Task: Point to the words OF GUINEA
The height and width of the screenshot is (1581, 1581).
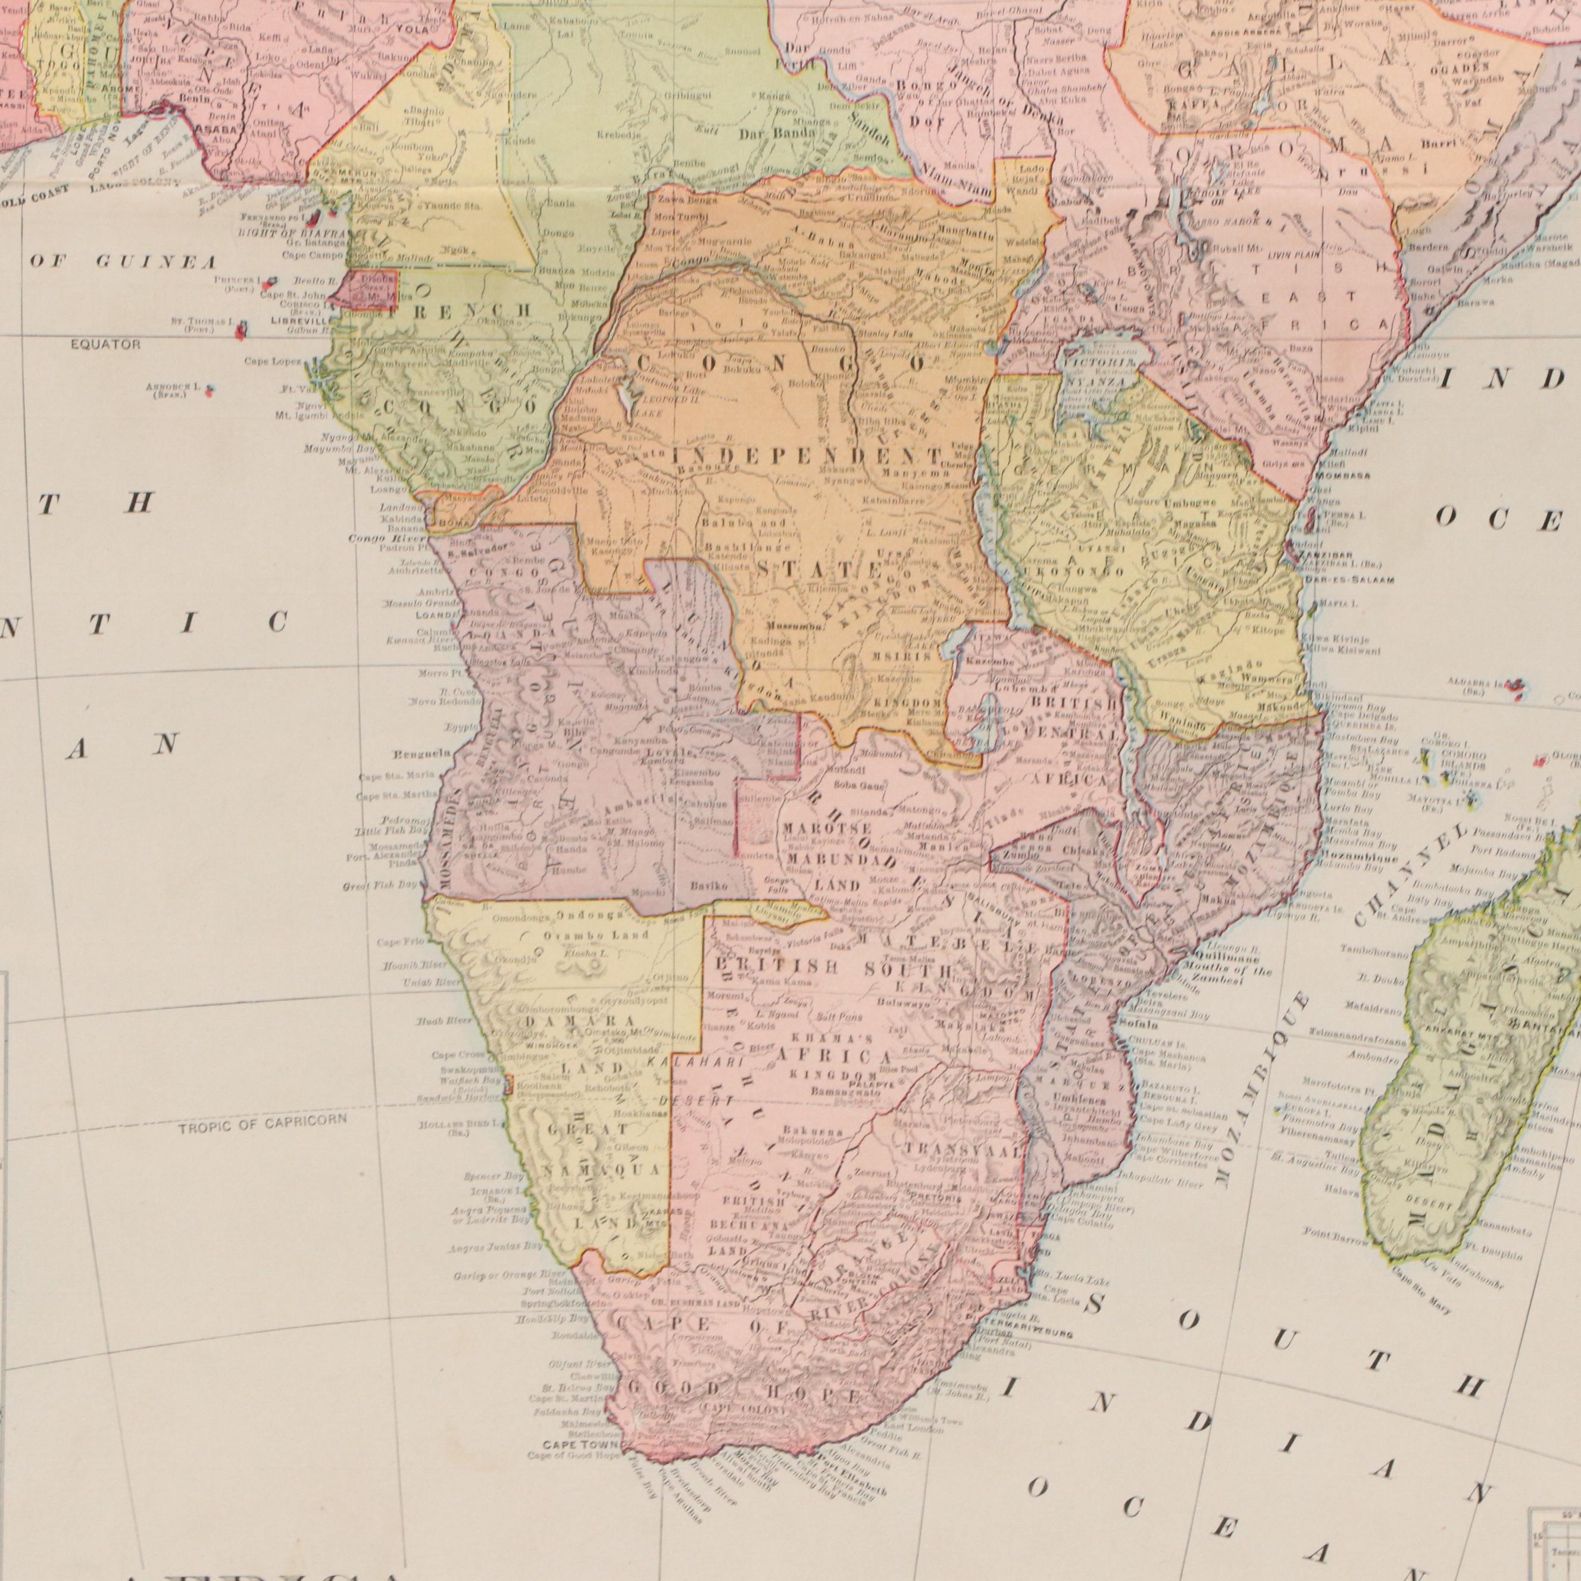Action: point(124,262)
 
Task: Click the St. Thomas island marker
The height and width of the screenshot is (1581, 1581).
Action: point(242,330)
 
